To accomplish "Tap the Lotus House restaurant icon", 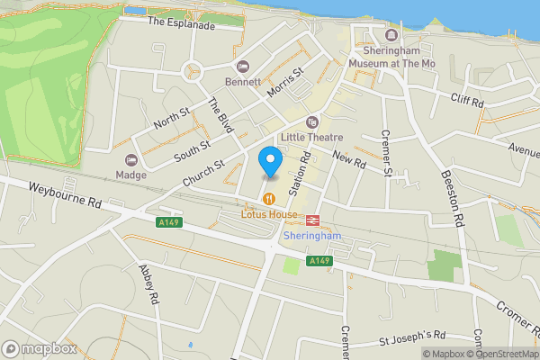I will [x=268, y=199].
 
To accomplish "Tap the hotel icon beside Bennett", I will [x=242, y=67].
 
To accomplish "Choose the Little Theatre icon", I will [x=312, y=121].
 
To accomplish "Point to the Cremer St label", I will [x=387, y=152].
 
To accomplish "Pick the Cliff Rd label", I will [x=467, y=103].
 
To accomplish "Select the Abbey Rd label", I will [x=148, y=284].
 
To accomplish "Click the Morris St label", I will [x=286, y=79].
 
